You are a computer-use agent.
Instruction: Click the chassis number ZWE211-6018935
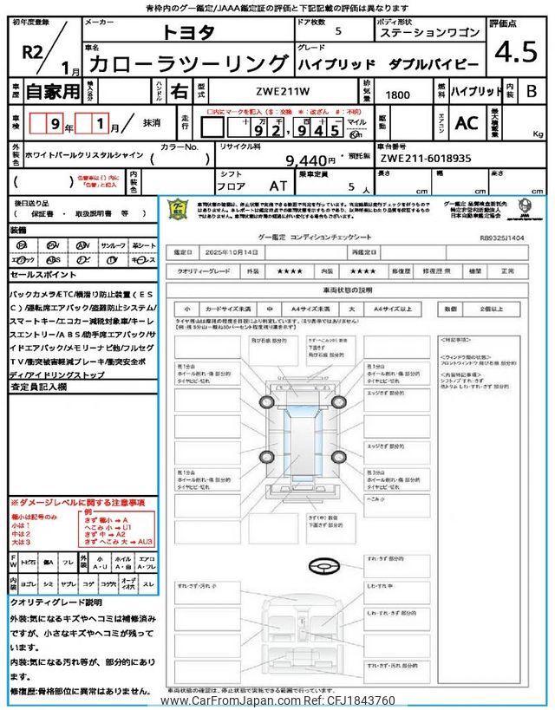[426, 160]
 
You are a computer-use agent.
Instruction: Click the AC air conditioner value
[466, 123]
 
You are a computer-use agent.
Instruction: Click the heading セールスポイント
[42, 274]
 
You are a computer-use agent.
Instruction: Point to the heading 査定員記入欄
[42, 388]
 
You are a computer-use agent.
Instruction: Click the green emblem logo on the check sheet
[177, 212]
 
